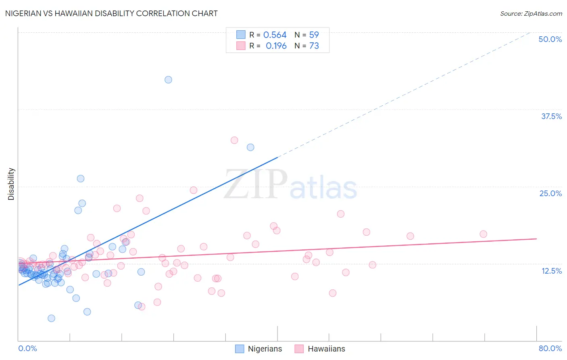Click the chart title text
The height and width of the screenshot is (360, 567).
tap(111, 13)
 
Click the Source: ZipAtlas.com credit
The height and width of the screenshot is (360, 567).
tap(531, 13)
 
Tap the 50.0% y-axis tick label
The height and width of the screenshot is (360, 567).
tap(550, 39)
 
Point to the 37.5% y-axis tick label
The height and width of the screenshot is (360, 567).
tap(551, 116)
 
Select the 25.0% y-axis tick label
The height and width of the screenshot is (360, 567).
tap(550, 193)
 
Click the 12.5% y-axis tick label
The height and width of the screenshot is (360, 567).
tap(551, 271)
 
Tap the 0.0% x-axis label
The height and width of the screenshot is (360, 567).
tap(27, 348)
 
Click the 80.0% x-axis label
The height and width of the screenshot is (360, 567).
tap(550, 348)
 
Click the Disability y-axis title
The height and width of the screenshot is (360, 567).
tap(11, 184)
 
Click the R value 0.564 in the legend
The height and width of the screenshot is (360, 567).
tap(275, 35)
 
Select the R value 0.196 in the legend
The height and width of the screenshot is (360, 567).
tap(276, 46)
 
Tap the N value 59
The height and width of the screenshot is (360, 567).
tap(314, 35)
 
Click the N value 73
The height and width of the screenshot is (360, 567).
tap(314, 46)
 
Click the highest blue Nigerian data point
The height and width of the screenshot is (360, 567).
tap(168, 80)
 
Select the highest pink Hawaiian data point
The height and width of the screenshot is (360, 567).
tap(234, 140)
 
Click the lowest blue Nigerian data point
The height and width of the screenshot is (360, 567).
tap(51, 318)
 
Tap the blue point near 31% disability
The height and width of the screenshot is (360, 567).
tap(250, 147)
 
